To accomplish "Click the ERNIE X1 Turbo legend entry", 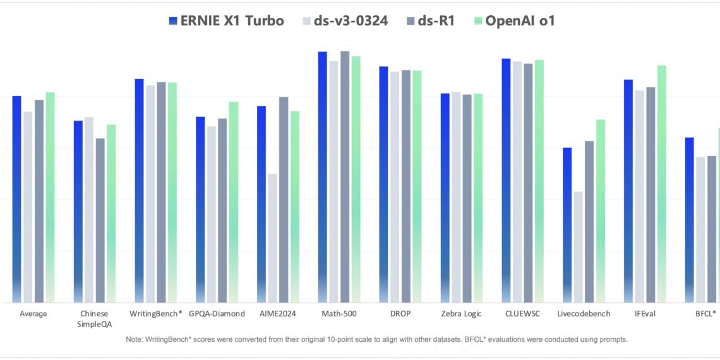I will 226,21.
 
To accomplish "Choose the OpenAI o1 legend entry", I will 514,21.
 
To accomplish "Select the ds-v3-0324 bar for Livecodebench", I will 578,247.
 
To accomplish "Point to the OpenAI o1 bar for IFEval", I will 661,184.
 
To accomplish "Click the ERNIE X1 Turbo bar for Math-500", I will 323,177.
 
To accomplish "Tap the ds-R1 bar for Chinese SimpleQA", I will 100,220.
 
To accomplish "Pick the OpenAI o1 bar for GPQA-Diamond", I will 234,202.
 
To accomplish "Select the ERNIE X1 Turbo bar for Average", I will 17,199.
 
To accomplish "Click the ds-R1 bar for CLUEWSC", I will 528,183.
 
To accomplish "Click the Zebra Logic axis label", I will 462,314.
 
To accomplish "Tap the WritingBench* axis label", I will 155,314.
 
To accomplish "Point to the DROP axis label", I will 400,314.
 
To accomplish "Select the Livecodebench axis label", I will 584,314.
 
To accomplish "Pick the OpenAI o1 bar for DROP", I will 417,187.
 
